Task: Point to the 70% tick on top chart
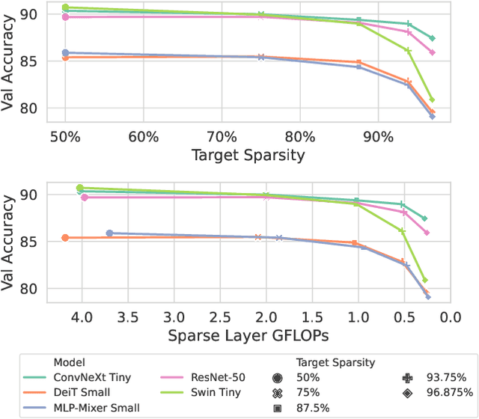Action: (221, 137)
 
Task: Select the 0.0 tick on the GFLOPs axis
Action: (450, 316)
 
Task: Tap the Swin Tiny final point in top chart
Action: (432, 100)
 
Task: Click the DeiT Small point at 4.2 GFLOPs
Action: (65, 238)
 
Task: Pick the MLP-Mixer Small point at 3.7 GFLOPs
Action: (110, 233)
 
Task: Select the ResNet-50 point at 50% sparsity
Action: (65, 16)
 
